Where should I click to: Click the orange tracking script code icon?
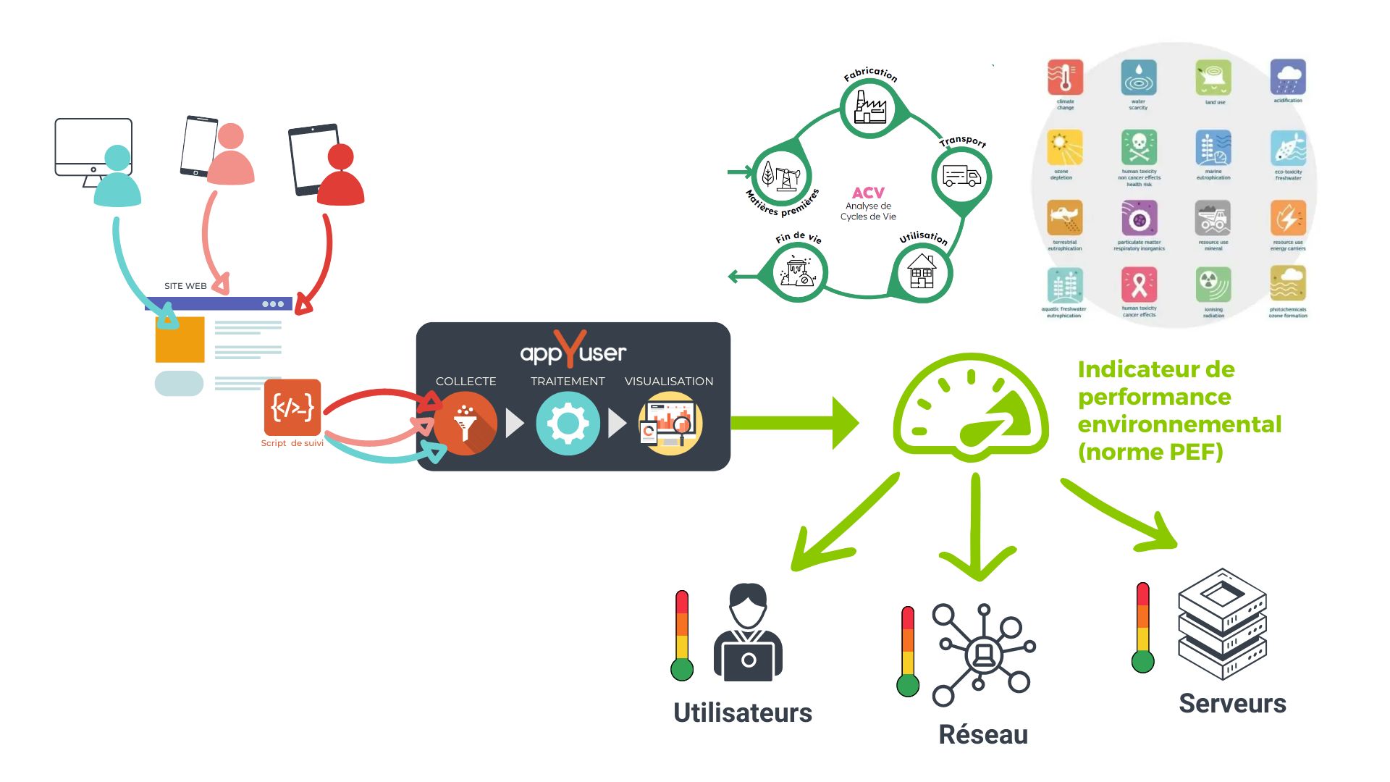point(292,407)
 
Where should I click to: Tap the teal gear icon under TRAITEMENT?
point(568,424)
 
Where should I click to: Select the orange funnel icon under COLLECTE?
point(466,424)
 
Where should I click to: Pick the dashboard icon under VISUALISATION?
point(670,424)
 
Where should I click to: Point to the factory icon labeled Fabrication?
point(869,109)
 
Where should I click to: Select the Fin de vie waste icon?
point(796,273)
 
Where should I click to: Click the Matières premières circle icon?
point(781,175)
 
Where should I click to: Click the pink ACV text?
point(868,193)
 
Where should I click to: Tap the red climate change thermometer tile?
point(1065,77)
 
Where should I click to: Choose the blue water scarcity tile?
point(1138,77)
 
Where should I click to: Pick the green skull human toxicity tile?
point(1139,148)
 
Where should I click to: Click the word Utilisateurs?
point(743,712)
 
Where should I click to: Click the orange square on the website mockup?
point(180,340)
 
